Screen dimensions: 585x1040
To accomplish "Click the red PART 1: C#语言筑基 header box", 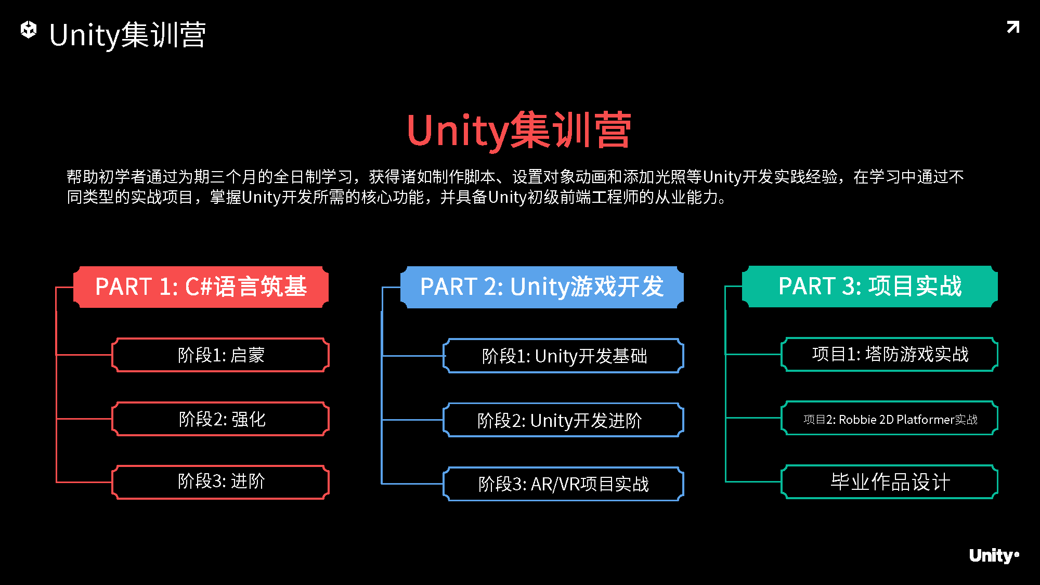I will tap(201, 287).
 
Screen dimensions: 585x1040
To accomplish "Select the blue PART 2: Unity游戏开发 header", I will tap(542, 287).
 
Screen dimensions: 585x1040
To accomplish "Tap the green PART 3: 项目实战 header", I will tap(870, 287).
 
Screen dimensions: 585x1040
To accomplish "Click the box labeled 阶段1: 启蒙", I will tap(221, 355).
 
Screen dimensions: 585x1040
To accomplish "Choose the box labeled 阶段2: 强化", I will tap(221, 419).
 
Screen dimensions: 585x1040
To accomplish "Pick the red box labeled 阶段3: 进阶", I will tap(221, 482).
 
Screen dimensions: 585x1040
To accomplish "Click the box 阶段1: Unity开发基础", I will tap(564, 356).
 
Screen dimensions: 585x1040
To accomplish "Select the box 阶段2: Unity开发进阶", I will tap(564, 420).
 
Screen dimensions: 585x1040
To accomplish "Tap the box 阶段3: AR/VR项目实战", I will tap(564, 484).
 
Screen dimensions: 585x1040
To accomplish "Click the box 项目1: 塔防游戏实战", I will tap(890, 355).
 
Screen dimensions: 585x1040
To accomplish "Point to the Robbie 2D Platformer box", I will tap(890, 419).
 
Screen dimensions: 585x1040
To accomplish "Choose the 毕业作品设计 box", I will tap(890, 482).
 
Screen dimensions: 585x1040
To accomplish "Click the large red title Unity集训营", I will tap(519, 131).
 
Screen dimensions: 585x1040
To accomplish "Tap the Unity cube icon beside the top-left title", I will tap(29, 30).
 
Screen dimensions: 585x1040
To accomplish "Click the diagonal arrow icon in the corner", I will tap(1013, 27).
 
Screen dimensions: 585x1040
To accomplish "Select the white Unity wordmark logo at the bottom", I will tap(993, 556).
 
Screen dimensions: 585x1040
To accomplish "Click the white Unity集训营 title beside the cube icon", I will tap(127, 35).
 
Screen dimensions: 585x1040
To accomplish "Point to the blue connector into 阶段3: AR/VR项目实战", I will tap(412, 484).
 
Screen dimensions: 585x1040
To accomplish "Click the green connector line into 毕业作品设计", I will tap(753, 482).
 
